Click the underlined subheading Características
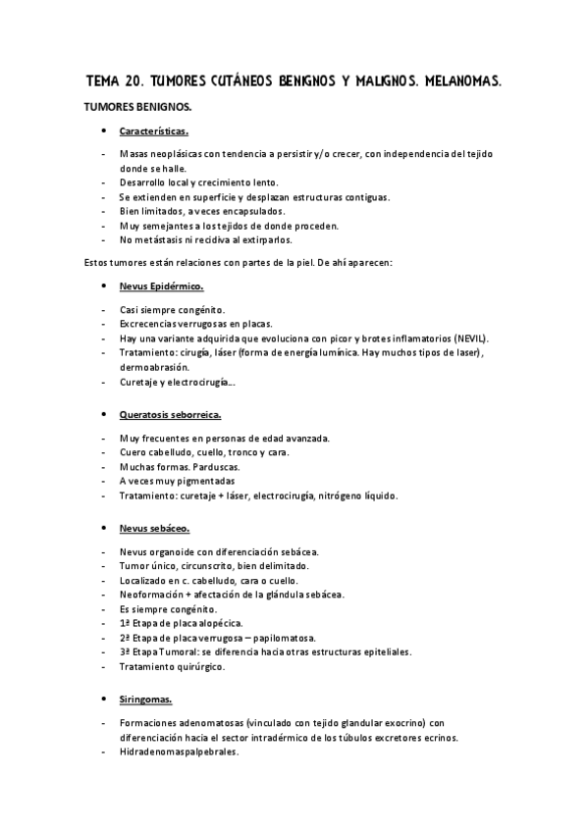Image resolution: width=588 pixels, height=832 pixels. point(155,130)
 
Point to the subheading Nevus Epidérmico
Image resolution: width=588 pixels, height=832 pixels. point(161,286)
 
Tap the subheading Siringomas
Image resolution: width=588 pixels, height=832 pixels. point(146,700)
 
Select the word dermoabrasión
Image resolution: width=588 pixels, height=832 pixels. point(159,366)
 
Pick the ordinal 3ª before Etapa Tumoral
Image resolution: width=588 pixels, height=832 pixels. point(126,651)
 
